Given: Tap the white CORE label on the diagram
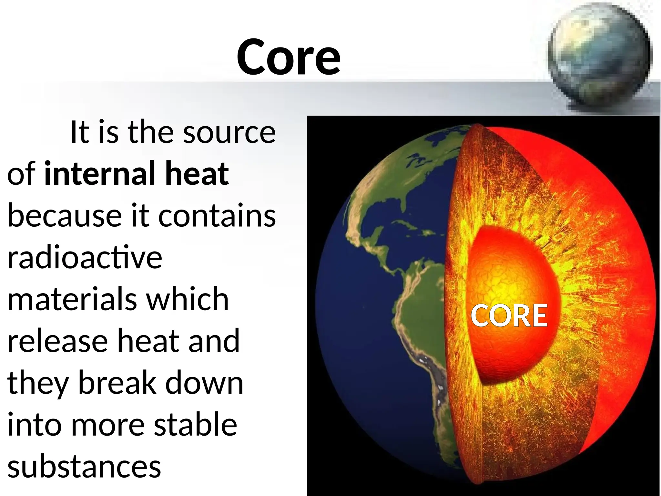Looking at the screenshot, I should (509, 316).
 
